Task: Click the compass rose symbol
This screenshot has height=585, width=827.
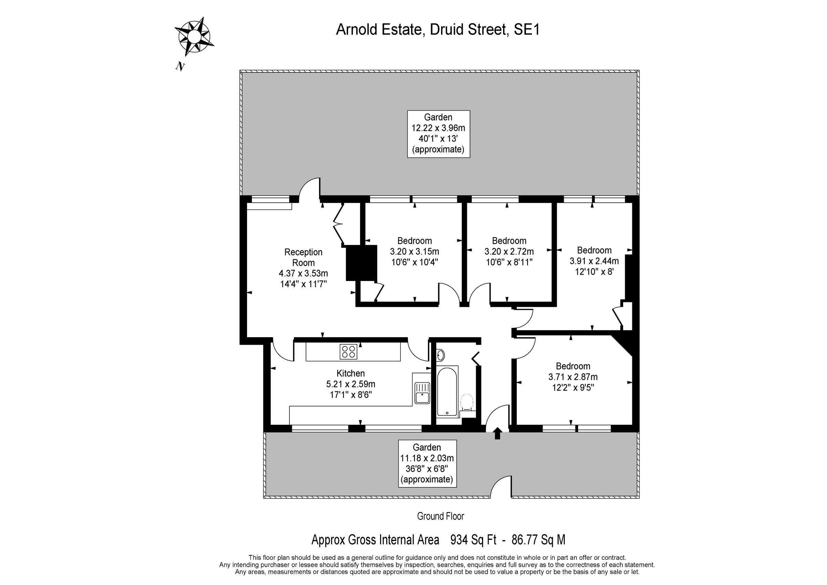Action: tap(194, 37)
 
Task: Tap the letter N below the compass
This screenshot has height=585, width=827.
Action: tap(180, 66)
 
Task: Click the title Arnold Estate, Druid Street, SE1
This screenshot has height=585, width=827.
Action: tap(438, 30)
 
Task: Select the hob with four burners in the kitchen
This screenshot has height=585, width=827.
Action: tap(348, 351)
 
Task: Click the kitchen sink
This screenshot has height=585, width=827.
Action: tap(422, 393)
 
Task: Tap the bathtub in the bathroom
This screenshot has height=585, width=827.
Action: tap(447, 392)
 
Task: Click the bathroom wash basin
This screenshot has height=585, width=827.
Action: tap(440, 356)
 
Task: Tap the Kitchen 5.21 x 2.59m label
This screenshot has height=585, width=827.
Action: tap(350, 384)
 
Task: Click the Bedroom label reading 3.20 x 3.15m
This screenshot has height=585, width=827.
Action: tap(415, 251)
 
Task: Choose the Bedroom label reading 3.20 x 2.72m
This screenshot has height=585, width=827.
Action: tap(509, 251)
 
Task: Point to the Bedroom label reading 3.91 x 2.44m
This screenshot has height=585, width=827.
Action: tap(594, 261)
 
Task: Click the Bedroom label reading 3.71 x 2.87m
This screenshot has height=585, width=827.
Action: tap(573, 377)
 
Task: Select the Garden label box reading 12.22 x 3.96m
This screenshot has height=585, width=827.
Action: tap(438, 134)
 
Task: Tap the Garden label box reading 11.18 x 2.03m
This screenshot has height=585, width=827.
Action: tap(427, 464)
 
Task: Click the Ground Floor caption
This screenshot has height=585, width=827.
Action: tap(440, 516)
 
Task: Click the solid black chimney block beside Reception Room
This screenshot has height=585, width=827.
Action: tap(361, 263)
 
